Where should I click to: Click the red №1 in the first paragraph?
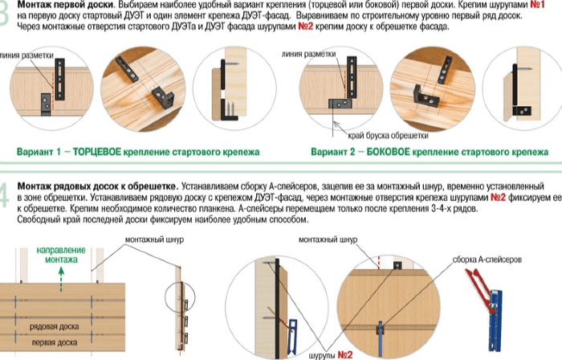click(537, 5)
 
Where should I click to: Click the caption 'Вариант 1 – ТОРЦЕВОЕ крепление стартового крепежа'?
click(138, 152)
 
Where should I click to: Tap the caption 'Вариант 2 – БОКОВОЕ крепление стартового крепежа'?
click(430, 152)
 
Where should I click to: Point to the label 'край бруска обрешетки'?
click(388, 136)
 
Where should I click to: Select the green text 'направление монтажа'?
click(61, 255)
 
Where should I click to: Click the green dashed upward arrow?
click(61, 279)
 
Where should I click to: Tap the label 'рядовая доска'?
click(54, 326)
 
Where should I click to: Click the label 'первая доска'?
click(55, 342)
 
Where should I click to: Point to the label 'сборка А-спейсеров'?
click(487, 260)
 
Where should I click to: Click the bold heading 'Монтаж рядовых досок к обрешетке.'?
click(97, 186)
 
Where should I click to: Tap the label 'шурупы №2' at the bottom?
click(331, 355)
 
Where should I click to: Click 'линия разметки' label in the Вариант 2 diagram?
click(308, 54)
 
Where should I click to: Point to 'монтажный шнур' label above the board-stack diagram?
click(154, 239)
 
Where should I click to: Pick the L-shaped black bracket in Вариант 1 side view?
click(228, 111)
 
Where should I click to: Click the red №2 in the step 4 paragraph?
click(498, 197)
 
